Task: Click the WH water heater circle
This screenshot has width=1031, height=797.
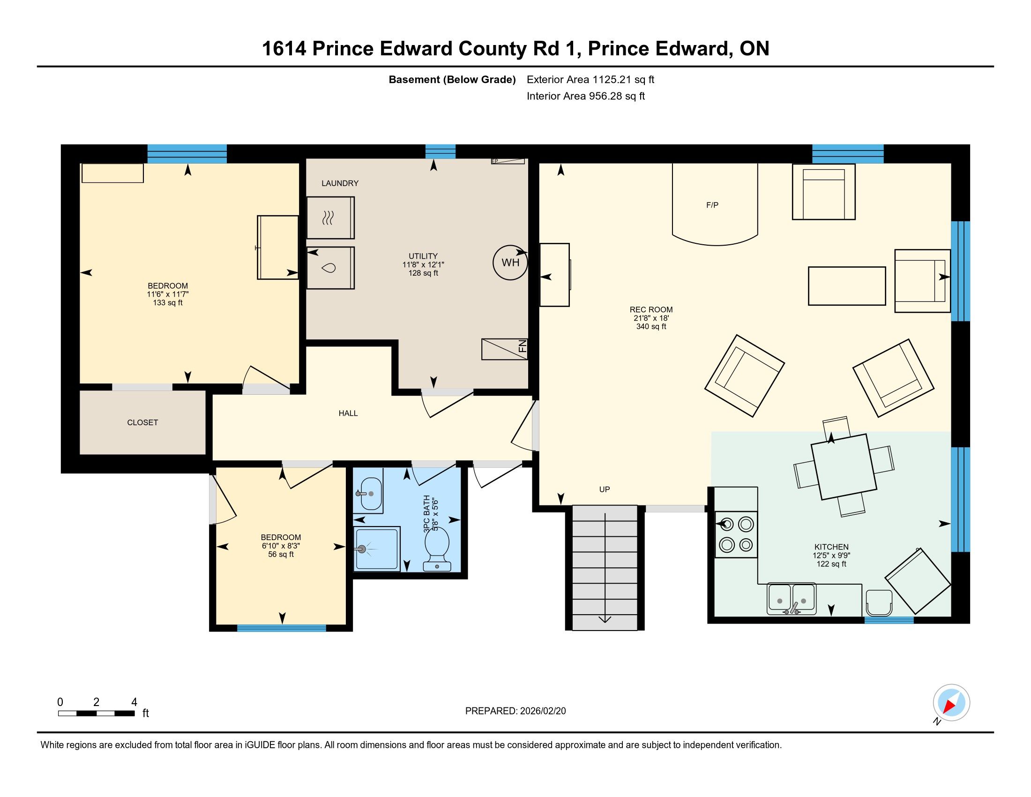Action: coord(510,263)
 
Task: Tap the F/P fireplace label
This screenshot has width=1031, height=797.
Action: coord(712,205)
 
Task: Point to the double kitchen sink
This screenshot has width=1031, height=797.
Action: coord(792,599)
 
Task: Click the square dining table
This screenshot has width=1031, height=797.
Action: coord(844,466)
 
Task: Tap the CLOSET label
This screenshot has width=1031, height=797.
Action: coord(142,422)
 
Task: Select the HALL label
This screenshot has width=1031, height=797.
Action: coord(348,413)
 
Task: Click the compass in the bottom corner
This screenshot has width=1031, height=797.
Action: coord(951,702)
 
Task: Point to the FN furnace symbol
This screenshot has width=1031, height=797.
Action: coord(505,349)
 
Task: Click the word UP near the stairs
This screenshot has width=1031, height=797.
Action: coord(605,489)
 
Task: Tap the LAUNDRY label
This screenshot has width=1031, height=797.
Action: coord(340,183)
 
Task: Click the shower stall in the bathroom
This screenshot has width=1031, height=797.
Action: coord(377,549)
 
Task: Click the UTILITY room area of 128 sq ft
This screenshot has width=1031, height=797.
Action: coord(424,273)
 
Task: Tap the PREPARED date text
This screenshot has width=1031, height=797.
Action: coord(515,711)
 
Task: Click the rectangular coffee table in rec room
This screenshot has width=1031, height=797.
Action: coord(847,286)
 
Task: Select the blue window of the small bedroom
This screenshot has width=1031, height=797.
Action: coord(281,628)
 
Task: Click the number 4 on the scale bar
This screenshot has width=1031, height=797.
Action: coord(134,702)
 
